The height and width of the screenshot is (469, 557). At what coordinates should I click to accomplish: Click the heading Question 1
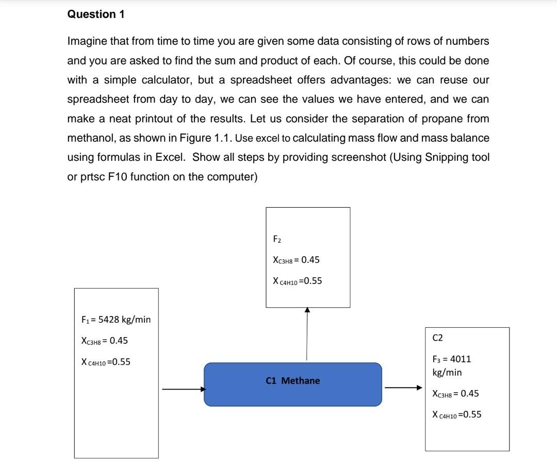click(96, 14)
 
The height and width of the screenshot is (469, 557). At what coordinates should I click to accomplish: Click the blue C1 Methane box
click(292, 384)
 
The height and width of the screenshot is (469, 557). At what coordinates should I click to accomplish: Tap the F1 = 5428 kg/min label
click(116, 320)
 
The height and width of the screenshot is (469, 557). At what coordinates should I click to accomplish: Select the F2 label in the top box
click(277, 239)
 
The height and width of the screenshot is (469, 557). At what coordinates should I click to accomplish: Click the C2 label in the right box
click(437, 338)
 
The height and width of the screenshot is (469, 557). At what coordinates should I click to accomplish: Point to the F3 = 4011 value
click(451, 359)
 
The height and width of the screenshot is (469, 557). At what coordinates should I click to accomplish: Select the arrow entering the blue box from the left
click(184, 389)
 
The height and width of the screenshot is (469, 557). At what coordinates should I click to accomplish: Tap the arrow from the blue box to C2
click(403, 388)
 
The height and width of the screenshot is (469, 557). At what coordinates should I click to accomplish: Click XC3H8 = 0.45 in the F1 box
click(105, 341)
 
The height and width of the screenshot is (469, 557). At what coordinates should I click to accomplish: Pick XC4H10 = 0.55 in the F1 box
click(106, 362)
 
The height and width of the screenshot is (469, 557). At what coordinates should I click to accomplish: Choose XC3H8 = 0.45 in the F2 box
click(296, 260)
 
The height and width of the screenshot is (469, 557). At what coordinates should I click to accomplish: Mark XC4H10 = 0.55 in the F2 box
click(297, 281)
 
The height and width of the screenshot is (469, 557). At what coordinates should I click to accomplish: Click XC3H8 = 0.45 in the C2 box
click(455, 394)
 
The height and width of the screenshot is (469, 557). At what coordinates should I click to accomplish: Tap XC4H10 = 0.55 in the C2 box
click(457, 414)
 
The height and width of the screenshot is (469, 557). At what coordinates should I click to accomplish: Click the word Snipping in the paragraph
click(445, 157)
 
